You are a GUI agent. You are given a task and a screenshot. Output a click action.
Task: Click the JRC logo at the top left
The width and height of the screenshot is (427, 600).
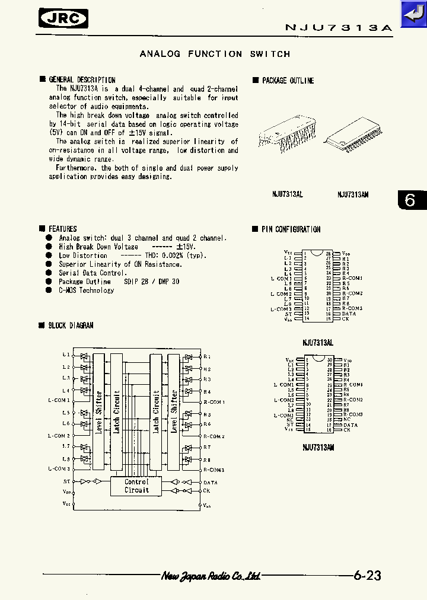point(63,18)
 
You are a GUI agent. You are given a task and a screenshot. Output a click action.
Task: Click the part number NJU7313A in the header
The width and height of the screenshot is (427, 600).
point(339,28)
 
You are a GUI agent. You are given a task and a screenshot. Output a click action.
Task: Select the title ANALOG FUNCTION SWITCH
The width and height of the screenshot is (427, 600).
point(215,54)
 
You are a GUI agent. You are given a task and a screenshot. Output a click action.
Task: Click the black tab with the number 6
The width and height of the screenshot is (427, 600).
point(410,200)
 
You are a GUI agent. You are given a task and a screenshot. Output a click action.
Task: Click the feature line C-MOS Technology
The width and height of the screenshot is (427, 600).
point(86,291)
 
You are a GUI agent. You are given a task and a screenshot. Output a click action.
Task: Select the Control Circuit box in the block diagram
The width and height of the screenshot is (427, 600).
point(137,486)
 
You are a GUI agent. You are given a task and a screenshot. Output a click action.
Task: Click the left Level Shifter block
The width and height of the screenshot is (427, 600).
point(98,412)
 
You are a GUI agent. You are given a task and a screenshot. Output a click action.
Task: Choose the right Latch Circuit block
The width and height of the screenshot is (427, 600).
point(156,412)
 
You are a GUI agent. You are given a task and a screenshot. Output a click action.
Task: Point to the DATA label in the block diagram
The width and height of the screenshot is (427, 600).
point(211,483)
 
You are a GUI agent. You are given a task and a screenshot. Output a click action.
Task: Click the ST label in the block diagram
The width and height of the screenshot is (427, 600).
point(66,481)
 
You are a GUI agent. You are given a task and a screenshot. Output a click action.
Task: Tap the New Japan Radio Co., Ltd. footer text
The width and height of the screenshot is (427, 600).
point(211,576)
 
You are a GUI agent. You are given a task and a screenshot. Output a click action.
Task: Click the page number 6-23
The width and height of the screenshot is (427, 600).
point(367,575)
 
